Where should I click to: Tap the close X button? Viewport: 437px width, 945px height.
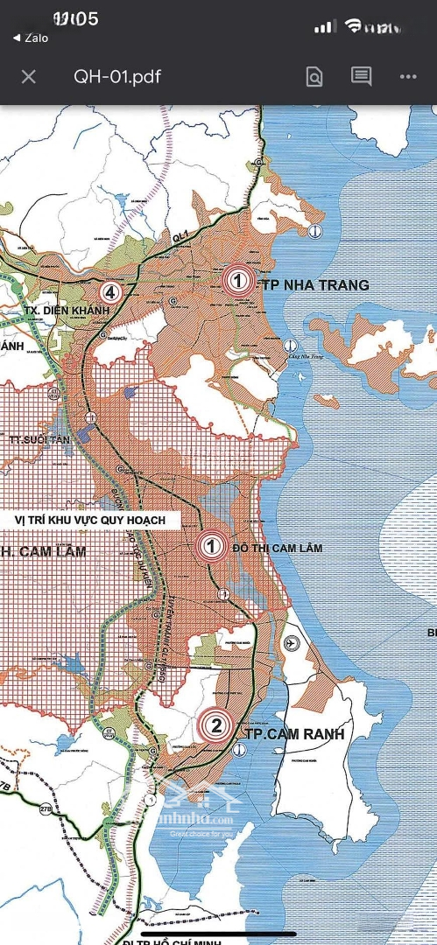click(29, 76)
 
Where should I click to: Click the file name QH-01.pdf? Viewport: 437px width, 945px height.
click(117, 76)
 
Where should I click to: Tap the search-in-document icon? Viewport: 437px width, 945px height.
click(314, 77)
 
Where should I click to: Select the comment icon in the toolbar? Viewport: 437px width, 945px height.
click(361, 76)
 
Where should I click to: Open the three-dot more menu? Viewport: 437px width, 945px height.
click(408, 76)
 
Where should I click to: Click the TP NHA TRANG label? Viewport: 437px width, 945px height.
click(313, 285)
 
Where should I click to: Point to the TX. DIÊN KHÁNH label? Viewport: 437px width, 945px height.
click(62, 311)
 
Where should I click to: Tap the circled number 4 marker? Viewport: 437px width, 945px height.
click(109, 292)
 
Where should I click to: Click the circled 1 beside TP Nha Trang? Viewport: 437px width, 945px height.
click(236, 281)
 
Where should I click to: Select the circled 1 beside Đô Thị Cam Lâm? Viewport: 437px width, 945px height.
click(210, 547)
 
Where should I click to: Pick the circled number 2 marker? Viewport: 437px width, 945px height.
click(215, 724)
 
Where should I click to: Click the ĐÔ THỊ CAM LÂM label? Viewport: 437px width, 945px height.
click(278, 548)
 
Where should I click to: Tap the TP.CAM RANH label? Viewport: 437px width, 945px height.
click(295, 734)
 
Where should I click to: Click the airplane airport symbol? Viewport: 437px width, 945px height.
click(291, 643)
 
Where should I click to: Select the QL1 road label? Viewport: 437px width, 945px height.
click(180, 236)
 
